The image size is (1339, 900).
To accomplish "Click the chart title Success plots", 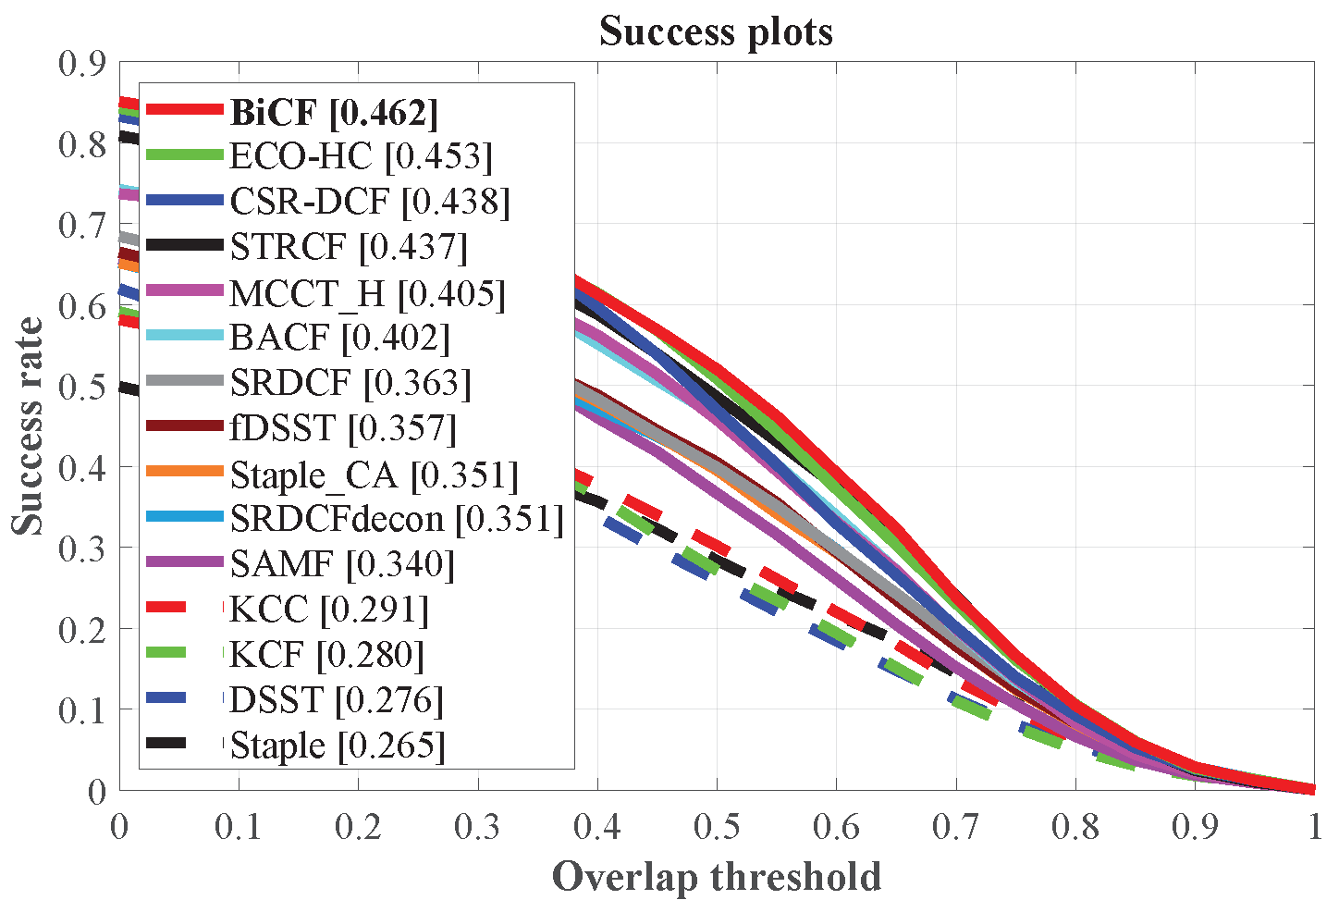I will pos(716,31).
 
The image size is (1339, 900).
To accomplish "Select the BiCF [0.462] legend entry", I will pos(334,112).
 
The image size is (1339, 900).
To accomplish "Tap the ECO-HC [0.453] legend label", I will pos(361,156).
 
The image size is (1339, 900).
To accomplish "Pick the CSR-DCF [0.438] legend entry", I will pos(369,202).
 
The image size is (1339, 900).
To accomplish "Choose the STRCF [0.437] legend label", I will pos(349,247).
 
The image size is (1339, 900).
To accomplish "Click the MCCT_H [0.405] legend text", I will pos(367,293).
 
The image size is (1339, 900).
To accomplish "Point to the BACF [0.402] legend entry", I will pos(339,338).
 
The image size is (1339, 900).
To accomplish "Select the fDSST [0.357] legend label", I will pos(343,428).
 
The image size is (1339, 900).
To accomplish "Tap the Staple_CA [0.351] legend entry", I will pos(374,475).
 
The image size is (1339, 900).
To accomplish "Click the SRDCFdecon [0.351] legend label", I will pos(397,519).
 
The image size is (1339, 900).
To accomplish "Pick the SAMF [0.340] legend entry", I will pos(342,564).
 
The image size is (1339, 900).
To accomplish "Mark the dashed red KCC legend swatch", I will pos(185,609).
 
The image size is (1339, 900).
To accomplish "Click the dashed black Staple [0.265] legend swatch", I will pos(185,745).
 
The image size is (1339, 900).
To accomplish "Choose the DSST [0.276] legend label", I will pos(336,700).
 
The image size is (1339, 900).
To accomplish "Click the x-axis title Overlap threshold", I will pos(716,876).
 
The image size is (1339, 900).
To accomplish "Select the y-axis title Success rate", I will pos(28,426).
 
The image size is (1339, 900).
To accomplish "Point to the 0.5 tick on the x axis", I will pos(717,826).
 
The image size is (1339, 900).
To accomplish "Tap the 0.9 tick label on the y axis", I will pos(81,63).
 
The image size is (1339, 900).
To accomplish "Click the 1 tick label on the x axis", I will pos(1314,826).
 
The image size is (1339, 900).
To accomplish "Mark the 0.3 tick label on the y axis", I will pos(81,548).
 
